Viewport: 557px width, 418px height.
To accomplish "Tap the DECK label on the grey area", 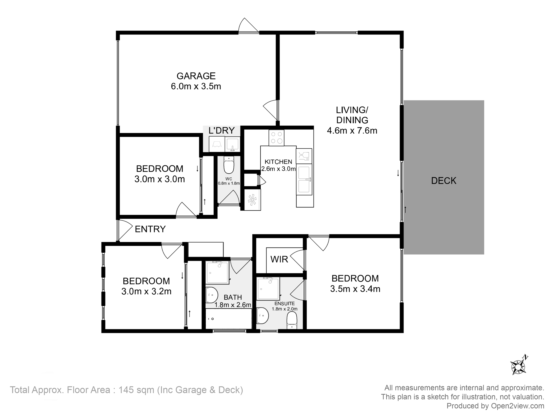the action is pyautogui.click(x=444, y=181).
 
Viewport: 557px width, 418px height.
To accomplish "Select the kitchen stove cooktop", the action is pyautogui.click(x=276, y=138).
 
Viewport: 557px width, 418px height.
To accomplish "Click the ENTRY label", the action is pyautogui.click(x=150, y=229).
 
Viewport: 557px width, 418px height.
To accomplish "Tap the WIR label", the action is pyautogui.click(x=279, y=259).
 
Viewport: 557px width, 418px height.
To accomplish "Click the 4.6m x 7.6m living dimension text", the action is pyautogui.click(x=352, y=130).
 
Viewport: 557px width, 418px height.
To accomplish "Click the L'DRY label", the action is pyautogui.click(x=222, y=130).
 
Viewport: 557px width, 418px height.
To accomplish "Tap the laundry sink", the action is pyautogui.click(x=232, y=144).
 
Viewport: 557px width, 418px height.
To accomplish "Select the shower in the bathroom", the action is pyautogui.click(x=218, y=273).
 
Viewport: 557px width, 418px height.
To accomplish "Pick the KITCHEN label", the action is pyautogui.click(x=278, y=162).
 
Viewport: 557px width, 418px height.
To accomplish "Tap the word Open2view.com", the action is pyautogui.click(x=517, y=406).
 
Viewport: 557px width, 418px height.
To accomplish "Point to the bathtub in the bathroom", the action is pyautogui.click(x=229, y=319).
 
